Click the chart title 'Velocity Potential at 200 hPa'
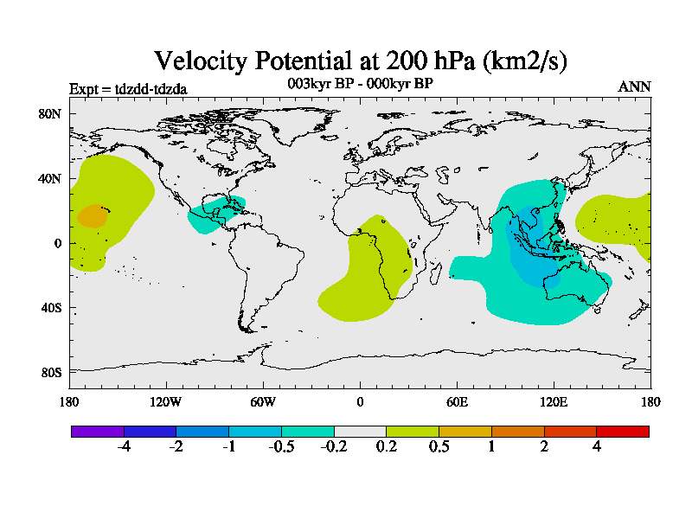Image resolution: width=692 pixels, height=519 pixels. pyautogui.click(x=360, y=61)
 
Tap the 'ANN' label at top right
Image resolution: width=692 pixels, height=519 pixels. pyautogui.click(x=634, y=87)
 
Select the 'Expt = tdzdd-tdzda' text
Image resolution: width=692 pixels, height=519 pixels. pyautogui.click(x=128, y=88)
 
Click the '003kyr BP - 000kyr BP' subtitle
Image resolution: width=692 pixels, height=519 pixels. pyautogui.click(x=360, y=83)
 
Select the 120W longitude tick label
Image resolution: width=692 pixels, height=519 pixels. pyautogui.click(x=165, y=401)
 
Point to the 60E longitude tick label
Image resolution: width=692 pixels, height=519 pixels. pyautogui.click(x=457, y=401)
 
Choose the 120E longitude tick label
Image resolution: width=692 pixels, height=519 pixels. pyautogui.click(x=554, y=401)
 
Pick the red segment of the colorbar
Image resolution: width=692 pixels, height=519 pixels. pyautogui.click(x=622, y=431)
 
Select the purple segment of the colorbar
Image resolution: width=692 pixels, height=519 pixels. pyautogui.click(x=98, y=431)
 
